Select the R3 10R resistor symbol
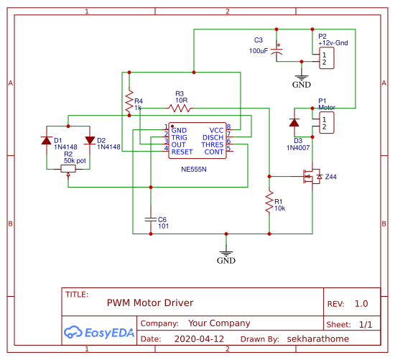tap(180, 109)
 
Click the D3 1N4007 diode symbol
tap(294, 123)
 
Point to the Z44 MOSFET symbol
tap(312, 176)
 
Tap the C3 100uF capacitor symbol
tap(280, 52)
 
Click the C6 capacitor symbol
tap(151, 217)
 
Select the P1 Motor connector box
tap(327, 123)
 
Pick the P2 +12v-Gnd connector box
tap(327, 58)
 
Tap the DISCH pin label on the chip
tap(213, 137)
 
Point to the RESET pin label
tap(182, 152)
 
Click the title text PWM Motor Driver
tap(150, 303)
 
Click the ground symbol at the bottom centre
tap(226, 253)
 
